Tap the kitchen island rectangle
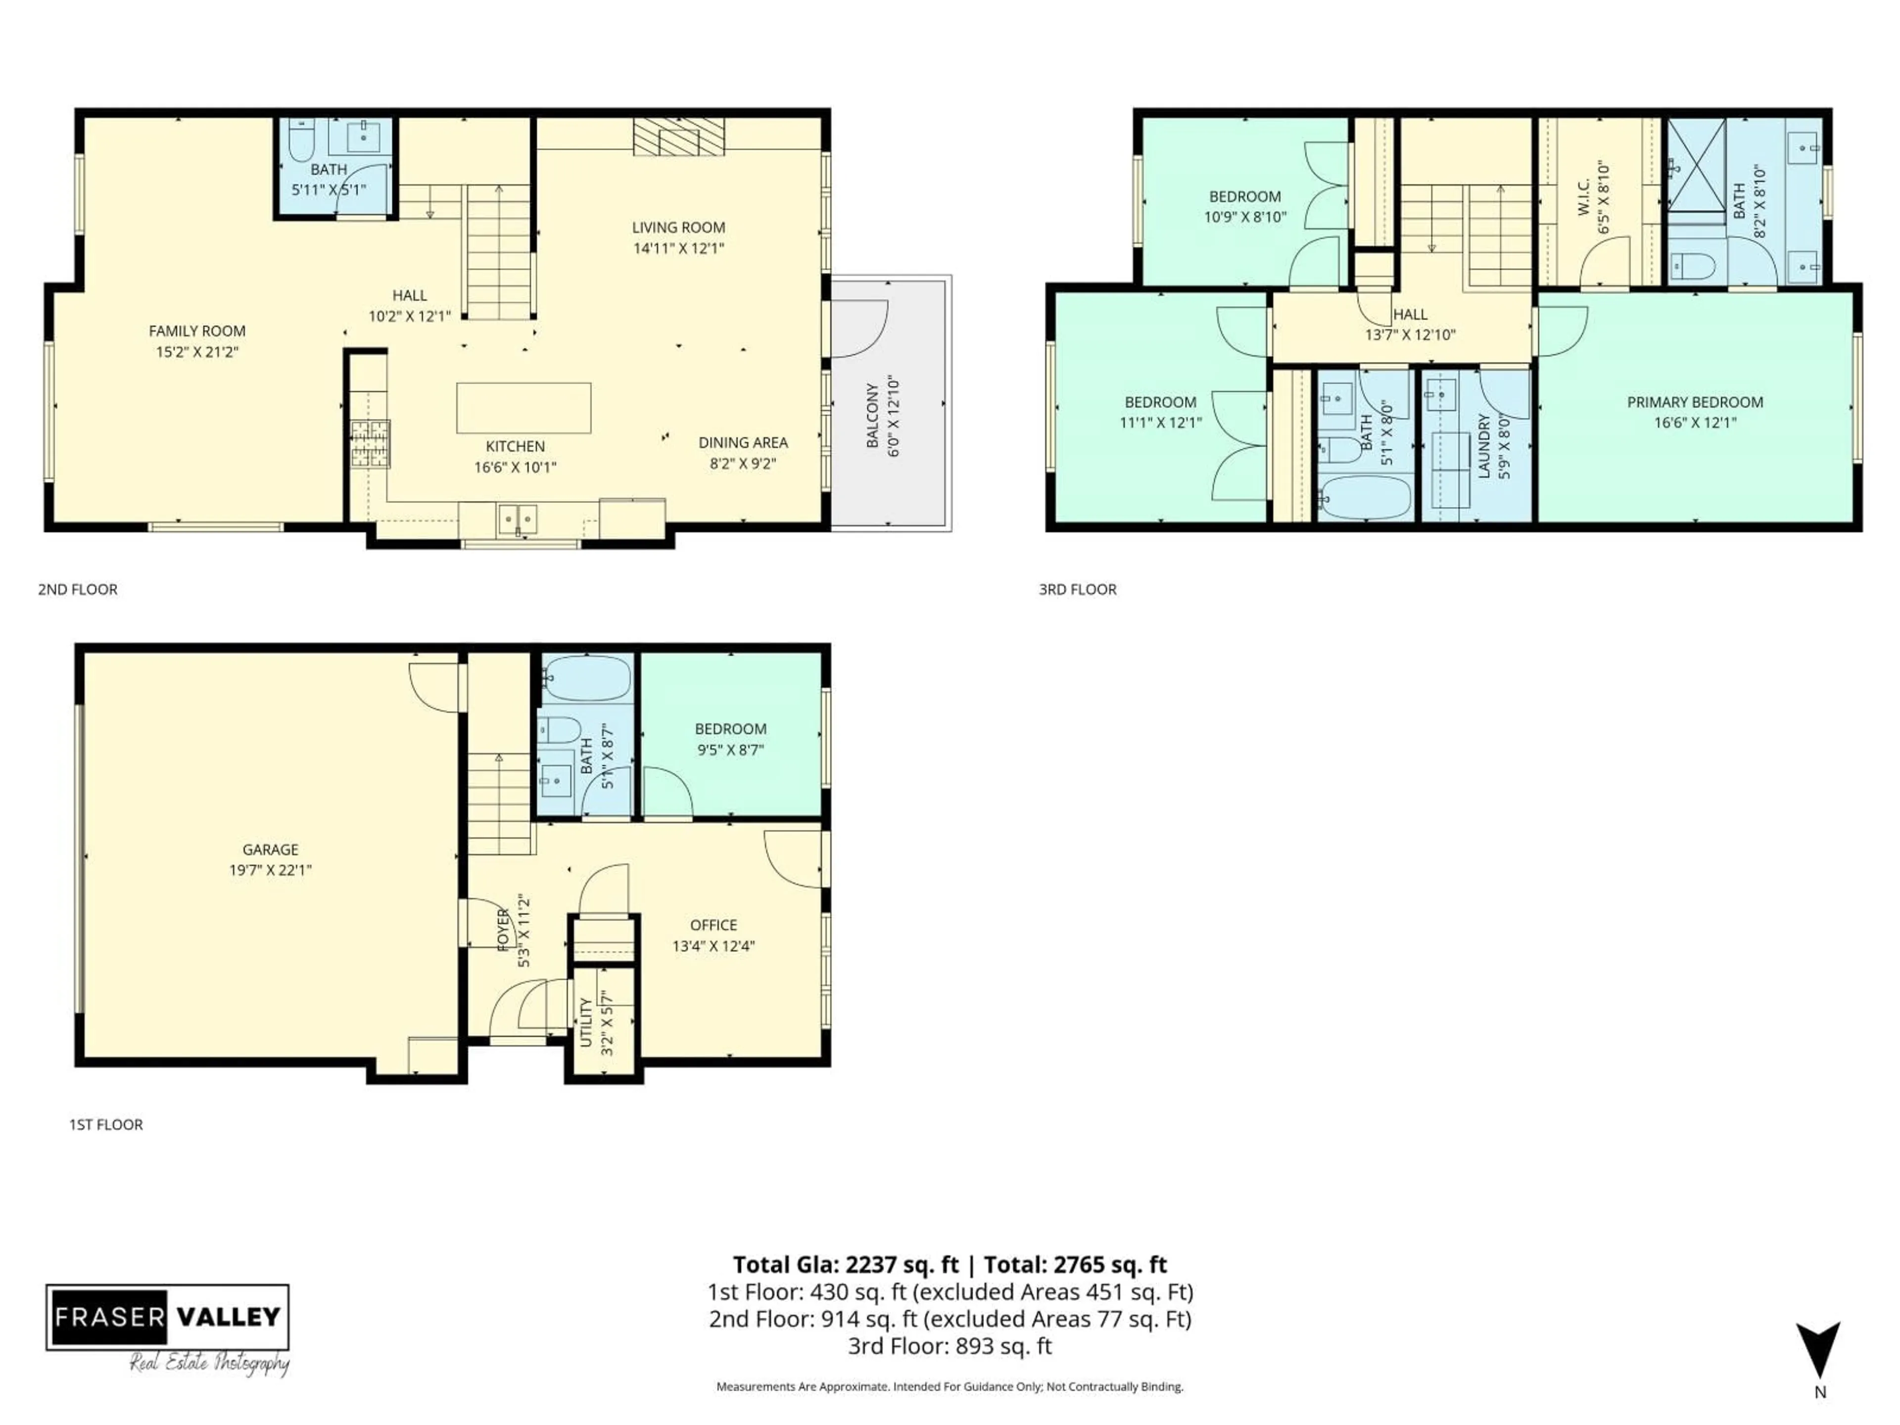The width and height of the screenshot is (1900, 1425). [x=523, y=408]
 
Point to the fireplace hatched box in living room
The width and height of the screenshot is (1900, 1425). [x=678, y=137]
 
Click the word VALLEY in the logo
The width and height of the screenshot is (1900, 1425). [x=229, y=1317]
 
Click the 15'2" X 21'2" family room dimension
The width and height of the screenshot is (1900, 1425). [x=197, y=351]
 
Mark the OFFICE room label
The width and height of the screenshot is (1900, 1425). [x=713, y=925]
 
